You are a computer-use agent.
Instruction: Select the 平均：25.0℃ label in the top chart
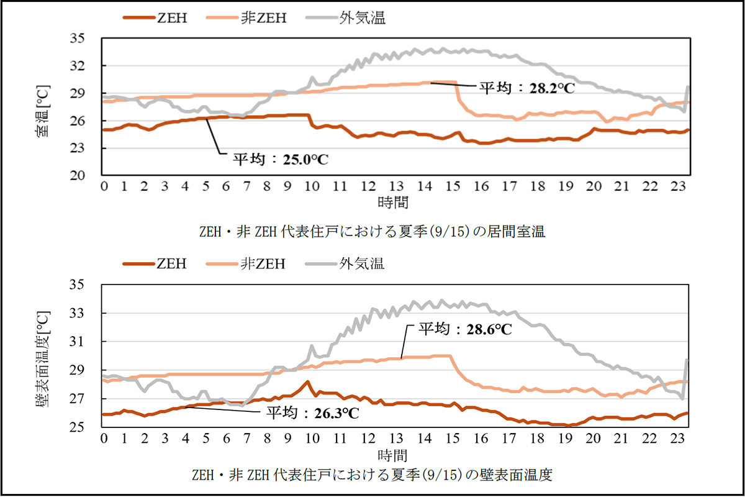(x=279, y=159)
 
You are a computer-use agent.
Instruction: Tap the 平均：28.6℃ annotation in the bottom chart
(x=464, y=329)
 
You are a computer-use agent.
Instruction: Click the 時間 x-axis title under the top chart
(x=393, y=202)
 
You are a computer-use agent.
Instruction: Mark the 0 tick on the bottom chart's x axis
(x=104, y=438)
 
